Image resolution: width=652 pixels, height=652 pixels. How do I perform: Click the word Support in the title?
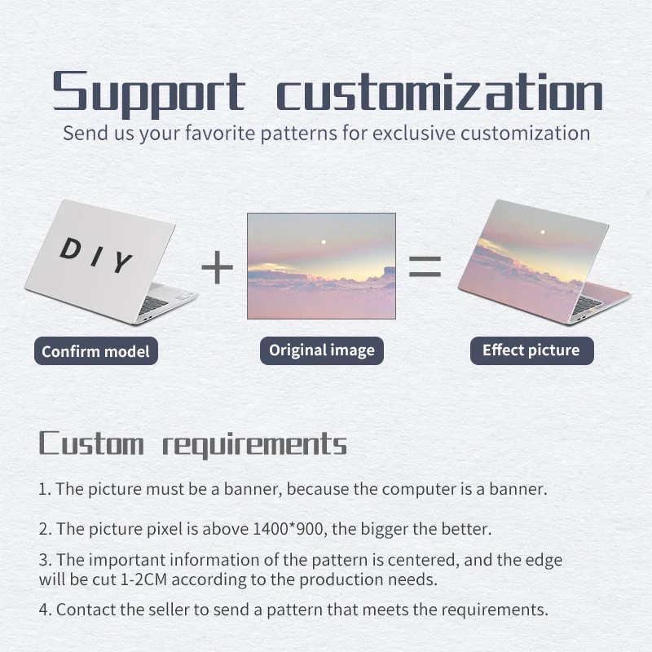149,93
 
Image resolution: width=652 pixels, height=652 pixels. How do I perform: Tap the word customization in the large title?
439,91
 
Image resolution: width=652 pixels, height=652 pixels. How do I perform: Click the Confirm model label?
96,351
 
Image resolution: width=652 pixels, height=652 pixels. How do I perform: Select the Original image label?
322,350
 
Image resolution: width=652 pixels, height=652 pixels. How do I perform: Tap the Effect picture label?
532,350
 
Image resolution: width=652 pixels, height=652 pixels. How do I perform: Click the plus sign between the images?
217,267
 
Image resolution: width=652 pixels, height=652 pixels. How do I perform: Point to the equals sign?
425,267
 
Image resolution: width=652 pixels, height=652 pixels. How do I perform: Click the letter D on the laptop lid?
71,249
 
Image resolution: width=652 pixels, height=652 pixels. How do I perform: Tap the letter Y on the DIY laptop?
122,262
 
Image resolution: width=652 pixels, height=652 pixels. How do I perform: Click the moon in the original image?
324,242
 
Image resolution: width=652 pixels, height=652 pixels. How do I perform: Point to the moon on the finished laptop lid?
543,232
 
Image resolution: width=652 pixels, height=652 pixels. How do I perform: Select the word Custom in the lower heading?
91,443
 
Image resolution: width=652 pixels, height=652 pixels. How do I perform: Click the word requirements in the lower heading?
254,445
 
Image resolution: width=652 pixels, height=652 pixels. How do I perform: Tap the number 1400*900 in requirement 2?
288,529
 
